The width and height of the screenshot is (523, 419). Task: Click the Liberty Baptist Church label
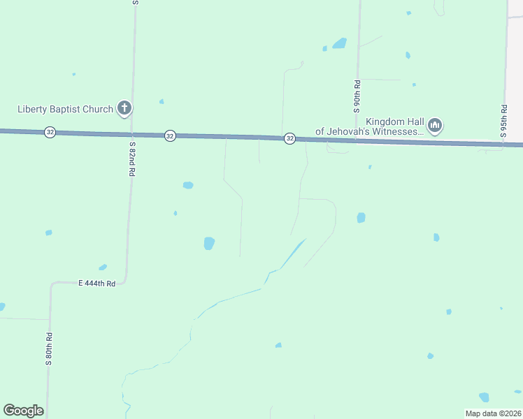click(x=65, y=109)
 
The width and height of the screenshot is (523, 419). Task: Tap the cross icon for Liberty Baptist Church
click(x=124, y=108)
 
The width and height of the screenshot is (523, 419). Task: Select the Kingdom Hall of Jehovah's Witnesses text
click(x=370, y=126)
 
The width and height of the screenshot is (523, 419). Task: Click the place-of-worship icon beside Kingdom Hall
click(x=435, y=126)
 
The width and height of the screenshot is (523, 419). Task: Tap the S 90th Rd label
click(x=357, y=96)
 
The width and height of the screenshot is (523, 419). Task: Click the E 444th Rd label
click(x=96, y=283)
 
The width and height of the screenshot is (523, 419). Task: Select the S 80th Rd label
click(x=50, y=349)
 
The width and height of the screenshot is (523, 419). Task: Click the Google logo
click(x=23, y=411)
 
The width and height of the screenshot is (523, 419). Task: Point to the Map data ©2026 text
click(x=493, y=413)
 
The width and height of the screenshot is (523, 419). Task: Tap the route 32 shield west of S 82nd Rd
click(x=50, y=132)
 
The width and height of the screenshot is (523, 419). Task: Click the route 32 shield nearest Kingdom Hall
click(x=290, y=139)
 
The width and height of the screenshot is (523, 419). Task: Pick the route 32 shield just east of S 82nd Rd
click(x=170, y=135)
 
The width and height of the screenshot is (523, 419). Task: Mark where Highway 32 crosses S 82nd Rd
click(x=131, y=134)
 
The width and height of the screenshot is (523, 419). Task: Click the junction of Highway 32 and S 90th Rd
click(x=356, y=141)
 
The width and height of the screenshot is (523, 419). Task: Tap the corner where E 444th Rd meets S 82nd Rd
click(x=124, y=281)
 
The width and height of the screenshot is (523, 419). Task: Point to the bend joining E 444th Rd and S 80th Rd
click(x=51, y=285)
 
